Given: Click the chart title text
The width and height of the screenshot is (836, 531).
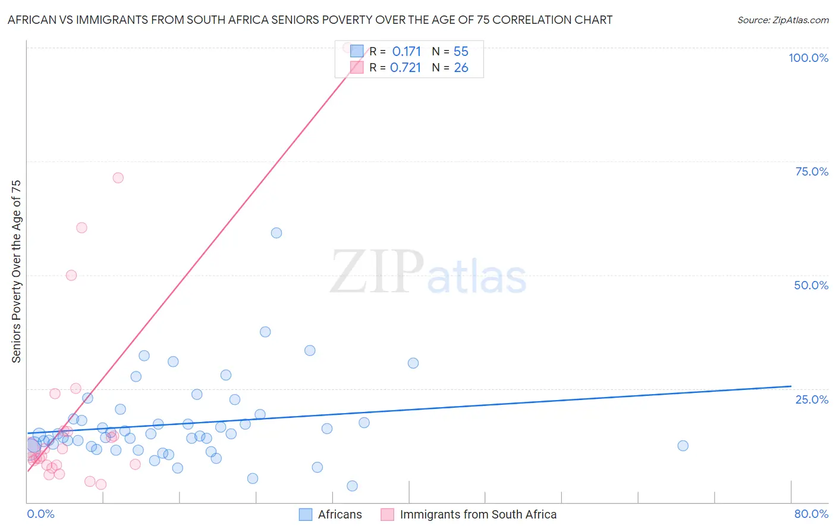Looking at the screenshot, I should pyautogui.click(x=310, y=20).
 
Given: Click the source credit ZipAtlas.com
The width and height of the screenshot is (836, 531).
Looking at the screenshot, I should pyautogui.click(x=782, y=20).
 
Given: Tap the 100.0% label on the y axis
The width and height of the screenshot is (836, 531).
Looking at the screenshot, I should pyautogui.click(x=808, y=58).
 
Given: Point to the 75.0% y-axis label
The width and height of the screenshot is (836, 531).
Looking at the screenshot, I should pyautogui.click(x=812, y=171).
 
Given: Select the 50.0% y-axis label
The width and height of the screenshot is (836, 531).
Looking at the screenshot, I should pyautogui.click(x=811, y=285).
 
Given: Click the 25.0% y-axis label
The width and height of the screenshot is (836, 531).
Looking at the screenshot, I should pyautogui.click(x=812, y=399).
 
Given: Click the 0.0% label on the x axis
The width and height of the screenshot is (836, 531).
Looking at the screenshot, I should pyautogui.click(x=40, y=514).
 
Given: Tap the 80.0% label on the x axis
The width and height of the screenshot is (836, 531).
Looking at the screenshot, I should pyautogui.click(x=811, y=514).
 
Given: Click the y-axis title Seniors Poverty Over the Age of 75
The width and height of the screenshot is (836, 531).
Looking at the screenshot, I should pyautogui.click(x=16, y=271).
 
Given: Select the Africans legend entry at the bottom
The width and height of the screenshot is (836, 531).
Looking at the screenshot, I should pyautogui.click(x=340, y=514).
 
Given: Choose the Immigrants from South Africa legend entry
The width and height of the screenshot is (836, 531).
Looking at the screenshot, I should pyautogui.click(x=478, y=514).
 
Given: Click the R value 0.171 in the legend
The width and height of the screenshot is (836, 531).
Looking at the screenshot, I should pyautogui.click(x=406, y=52).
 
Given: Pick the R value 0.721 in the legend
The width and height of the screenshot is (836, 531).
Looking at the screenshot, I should pyautogui.click(x=406, y=68).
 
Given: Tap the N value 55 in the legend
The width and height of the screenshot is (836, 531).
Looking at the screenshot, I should pyautogui.click(x=461, y=52).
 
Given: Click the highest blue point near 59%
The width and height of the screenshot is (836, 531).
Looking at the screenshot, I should pyautogui.click(x=276, y=233).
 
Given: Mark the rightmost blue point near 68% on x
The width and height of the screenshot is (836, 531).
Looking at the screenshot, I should pyautogui.click(x=683, y=446).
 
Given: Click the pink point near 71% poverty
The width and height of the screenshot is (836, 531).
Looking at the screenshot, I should pyautogui.click(x=118, y=178).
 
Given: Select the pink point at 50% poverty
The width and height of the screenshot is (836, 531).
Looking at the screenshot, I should pyautogui.click(x=71, y=275).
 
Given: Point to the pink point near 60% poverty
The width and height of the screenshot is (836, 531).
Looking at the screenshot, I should pyautogui.click(x=82, y=228).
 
